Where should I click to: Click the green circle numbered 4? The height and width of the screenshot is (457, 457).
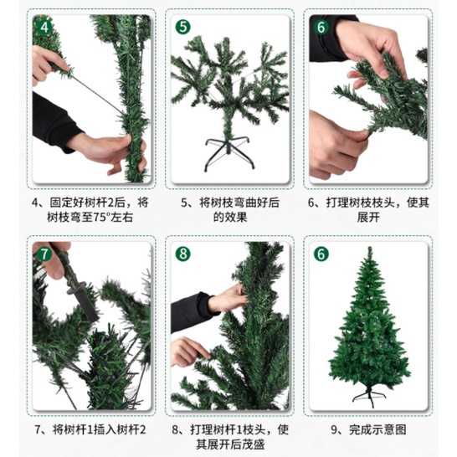pyautogui.click(x=44, y=27)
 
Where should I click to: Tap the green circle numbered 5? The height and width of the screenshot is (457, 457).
pyautogui.click(x=182, y=27)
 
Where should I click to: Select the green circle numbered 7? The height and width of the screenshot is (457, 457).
pyautogui.click(x=44, y=254)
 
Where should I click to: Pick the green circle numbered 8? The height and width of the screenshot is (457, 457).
pyautogui.click(x=182, y=254)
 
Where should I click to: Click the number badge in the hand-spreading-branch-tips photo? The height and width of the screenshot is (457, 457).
pyautogui.click(x=321, y=27)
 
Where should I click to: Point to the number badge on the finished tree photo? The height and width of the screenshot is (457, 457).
pyautogui.click(x=321, y=254)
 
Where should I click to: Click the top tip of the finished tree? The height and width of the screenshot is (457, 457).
pyautogui.click(x=370, y=247)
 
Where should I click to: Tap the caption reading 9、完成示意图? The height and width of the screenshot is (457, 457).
pyautogui.click(x=368, y=429)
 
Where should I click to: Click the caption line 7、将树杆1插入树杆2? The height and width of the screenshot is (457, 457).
pyautogui.click(x=90, y=429)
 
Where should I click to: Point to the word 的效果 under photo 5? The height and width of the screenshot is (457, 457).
pyautogui.click(x=230, y=217)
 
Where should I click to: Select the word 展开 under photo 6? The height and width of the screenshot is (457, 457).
pyautogui.click(x=368, y=217)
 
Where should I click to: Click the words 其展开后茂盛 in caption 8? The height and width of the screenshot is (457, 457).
pyautogui.click(x=230, y=444)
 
